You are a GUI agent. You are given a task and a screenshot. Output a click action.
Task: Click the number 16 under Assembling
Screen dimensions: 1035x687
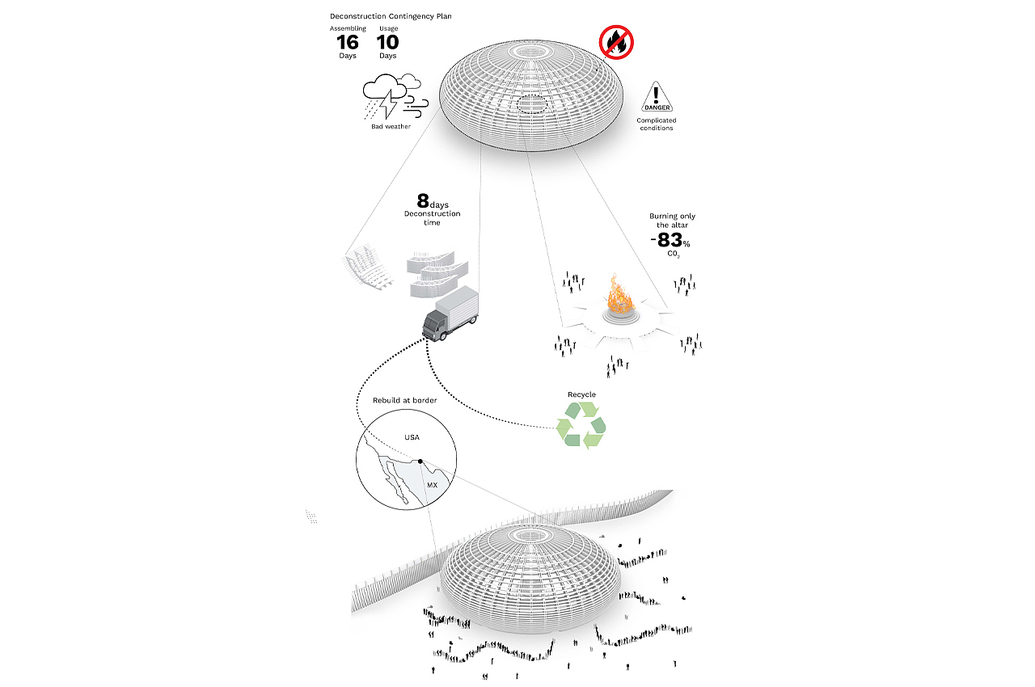coord(348,43)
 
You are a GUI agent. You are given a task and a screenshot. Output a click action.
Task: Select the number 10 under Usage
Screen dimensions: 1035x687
coord(387,43)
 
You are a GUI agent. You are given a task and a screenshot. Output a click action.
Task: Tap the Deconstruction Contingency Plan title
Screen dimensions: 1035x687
coord(391,16)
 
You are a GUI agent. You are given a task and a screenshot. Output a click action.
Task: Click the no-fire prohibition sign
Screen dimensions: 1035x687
coord(616,43)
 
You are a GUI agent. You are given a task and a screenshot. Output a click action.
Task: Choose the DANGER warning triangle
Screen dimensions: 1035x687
coord(657,97)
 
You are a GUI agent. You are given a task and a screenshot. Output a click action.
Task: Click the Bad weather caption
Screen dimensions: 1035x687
coord(391,127)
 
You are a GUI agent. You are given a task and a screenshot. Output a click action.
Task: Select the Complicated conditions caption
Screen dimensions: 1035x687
coord(657,124)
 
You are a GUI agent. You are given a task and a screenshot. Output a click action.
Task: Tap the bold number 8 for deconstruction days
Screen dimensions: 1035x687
coord(423,200)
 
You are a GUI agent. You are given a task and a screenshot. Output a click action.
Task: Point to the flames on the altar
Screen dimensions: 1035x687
coord(619,294)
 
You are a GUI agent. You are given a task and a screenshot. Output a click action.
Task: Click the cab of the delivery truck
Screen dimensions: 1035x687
coord(435,325)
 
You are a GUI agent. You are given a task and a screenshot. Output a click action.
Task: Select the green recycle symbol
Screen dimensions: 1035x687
coord(581,425)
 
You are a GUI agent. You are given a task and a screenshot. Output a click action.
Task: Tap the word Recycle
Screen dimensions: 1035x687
coord(581,394)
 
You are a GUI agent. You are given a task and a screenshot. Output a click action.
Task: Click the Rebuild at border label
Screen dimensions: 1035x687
coord(405,400)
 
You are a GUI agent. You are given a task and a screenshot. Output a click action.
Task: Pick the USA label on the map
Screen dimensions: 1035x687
coord(412,437)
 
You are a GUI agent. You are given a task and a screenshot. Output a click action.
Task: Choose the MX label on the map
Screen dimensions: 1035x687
coord(432,485)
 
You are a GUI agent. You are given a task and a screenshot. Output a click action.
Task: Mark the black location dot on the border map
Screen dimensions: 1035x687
coord(420,462)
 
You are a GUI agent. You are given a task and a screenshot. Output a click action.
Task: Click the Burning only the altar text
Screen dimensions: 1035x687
coord(672,221)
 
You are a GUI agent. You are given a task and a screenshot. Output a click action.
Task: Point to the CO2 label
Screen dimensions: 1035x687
coord(674,254)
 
